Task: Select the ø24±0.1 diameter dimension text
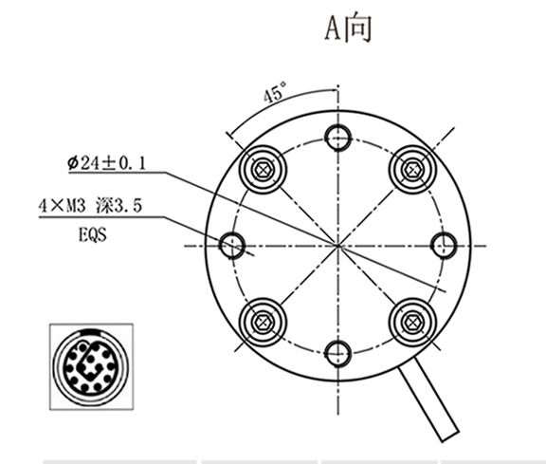107,163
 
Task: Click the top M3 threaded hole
337,139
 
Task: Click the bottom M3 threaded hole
337,353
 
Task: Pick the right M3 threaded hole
444,246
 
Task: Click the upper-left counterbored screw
263,171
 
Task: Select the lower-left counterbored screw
263,321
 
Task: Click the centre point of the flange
337,246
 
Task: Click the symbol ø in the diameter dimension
73,163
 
